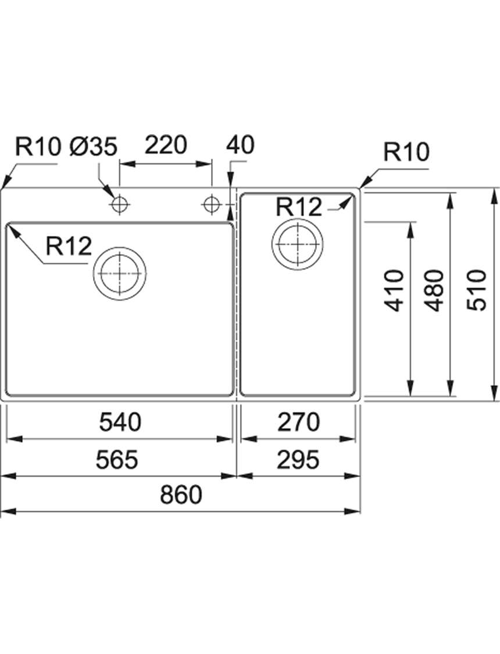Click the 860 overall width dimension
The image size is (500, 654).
pos(181,494)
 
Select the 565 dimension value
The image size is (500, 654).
pos(117,460)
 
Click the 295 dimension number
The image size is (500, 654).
pos(298,460)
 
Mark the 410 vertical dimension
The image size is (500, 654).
pos(394,290)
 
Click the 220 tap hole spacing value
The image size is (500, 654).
pos(166,145)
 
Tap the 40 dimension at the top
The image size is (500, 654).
pos(240,145)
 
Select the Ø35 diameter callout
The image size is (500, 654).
pos(94,147)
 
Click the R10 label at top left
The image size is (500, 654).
pos(38,147)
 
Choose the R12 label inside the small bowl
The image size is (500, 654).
pos(299,206)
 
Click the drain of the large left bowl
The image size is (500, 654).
pos(120,274)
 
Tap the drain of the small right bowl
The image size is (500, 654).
pos(298,244)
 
